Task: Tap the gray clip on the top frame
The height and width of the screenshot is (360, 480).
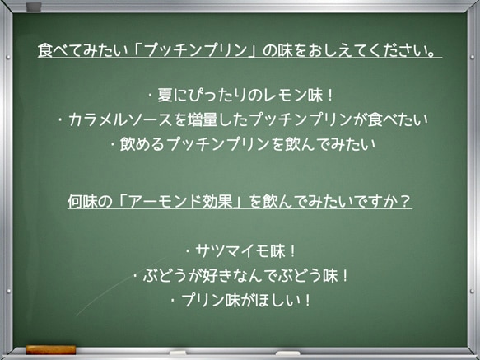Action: point(34,7)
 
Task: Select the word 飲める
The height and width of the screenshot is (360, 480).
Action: point(145,144)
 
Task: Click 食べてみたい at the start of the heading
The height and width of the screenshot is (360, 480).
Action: point(82,51)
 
